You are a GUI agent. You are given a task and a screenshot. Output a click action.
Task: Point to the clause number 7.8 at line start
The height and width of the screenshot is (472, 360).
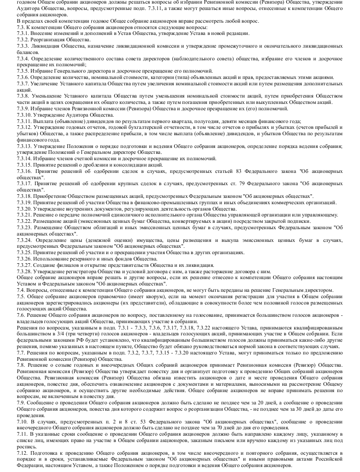(21, 364)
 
